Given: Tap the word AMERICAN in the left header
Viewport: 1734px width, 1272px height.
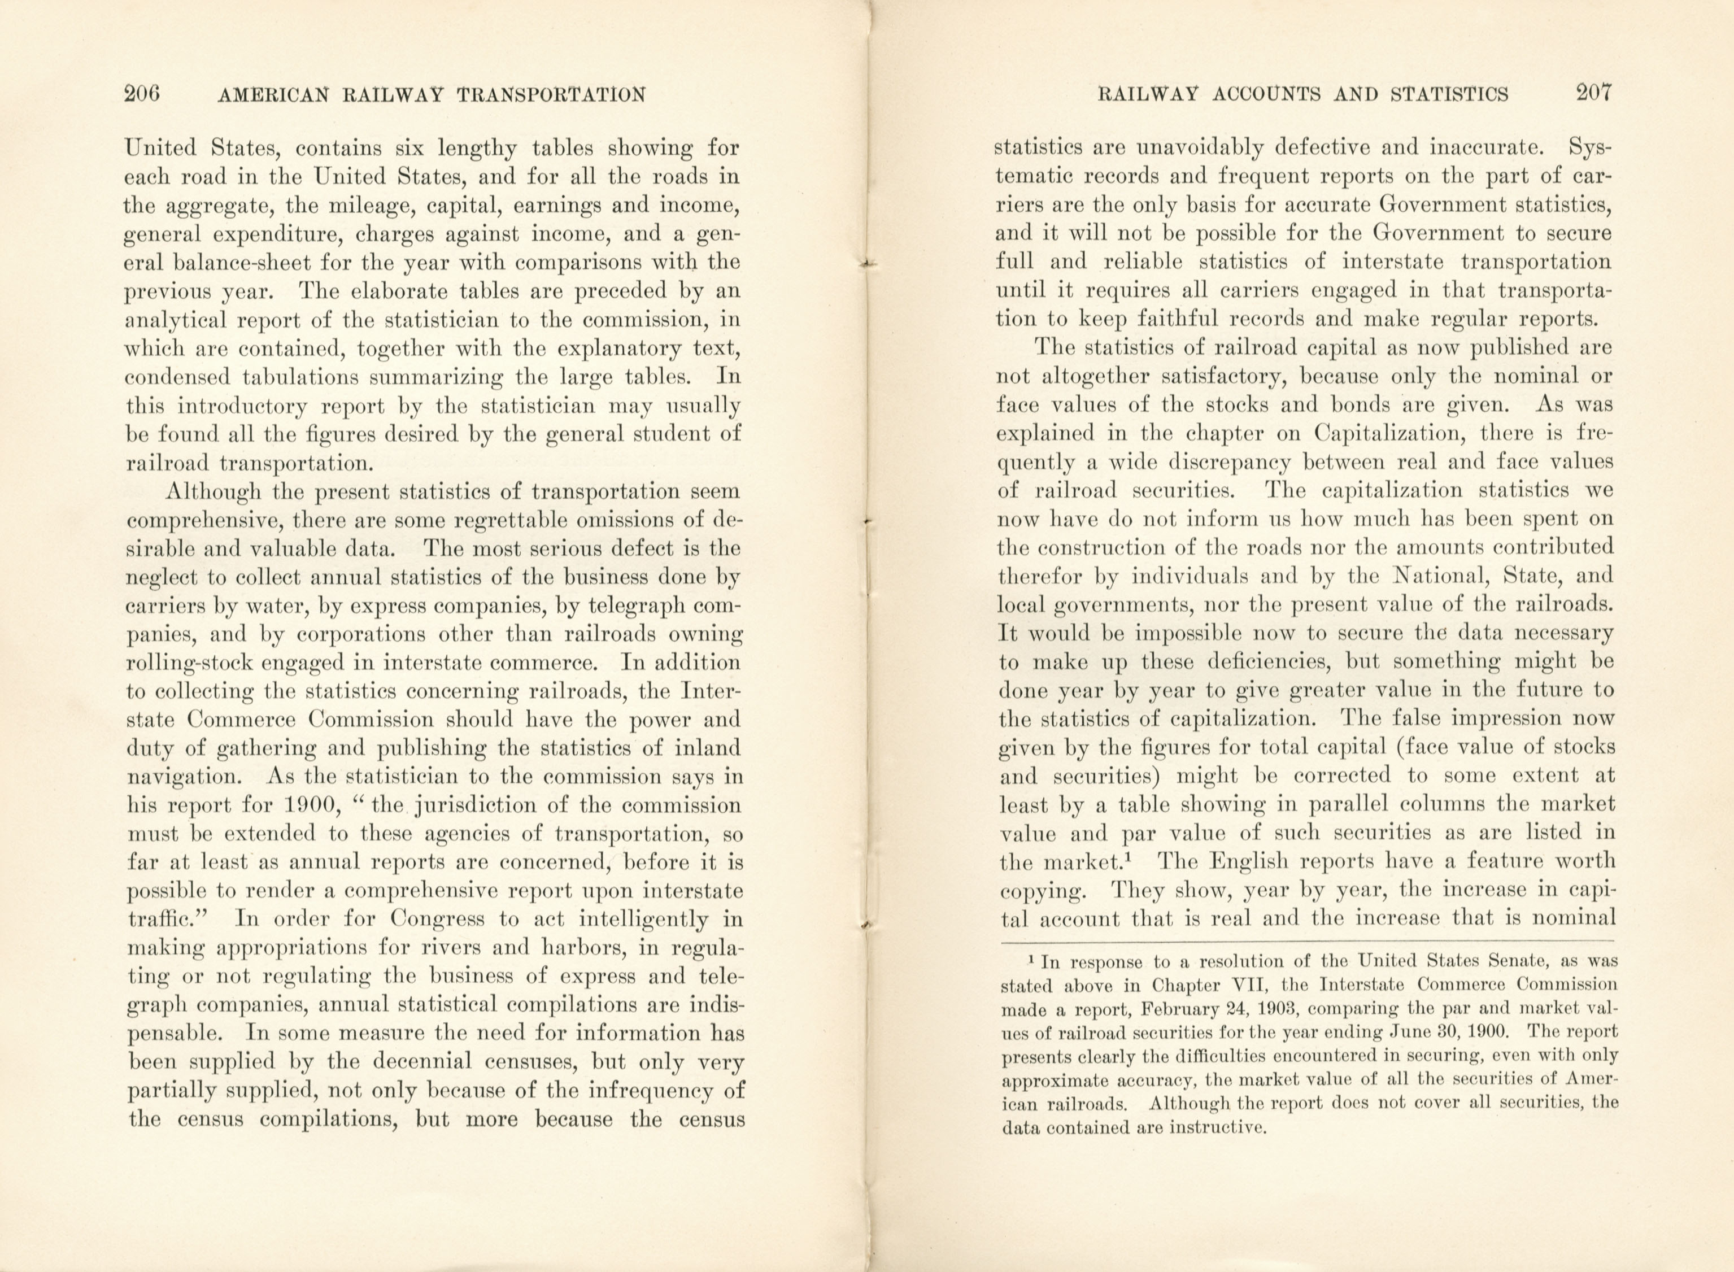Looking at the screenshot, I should [274, 95].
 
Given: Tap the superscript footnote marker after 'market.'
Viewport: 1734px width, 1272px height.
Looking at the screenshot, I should [1145, 854].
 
